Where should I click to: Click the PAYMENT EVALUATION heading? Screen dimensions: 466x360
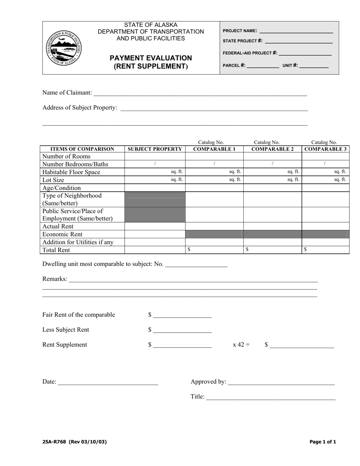click(x=151, y=58)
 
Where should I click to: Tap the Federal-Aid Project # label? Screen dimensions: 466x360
click(x=250, y=53)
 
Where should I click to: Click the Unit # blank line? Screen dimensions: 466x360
click(x=314, y=66)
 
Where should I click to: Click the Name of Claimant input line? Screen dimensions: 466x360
click(x=200, y=93)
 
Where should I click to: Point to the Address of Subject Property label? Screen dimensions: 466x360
click(x=80, y=108)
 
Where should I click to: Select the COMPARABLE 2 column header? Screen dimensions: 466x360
click(x=272, y=149)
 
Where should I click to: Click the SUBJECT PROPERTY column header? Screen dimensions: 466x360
click(x=155, y=149)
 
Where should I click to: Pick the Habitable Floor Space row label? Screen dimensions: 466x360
click(x=71, y=172)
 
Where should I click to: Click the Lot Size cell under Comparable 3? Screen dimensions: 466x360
click(x=325, y=180)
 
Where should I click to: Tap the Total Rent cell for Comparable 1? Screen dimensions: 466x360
click(x=214, y=250)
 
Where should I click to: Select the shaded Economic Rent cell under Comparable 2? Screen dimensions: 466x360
click(x=272, y=234)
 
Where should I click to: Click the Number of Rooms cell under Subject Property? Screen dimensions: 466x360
click(x=155, y=156)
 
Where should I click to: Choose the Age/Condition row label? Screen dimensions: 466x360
click(x=61, y=188)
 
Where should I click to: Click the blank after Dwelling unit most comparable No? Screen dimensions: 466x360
click(x=196, y=264)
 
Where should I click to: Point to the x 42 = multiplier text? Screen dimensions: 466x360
click(x=241, y=345)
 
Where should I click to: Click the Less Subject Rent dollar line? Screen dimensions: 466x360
click(x=182, y=330)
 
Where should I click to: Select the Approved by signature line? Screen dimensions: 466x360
click(x=281, y=382)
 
